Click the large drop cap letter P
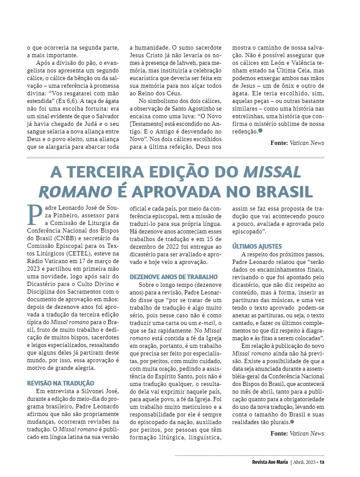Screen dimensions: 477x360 (x=34, y=214)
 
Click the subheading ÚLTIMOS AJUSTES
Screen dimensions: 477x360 (x=257, y=246)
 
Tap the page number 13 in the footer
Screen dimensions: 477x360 (x=321, y=462)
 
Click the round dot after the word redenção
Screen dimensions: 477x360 (x=260, y=131)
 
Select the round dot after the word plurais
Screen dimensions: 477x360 (x=292, y=422)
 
